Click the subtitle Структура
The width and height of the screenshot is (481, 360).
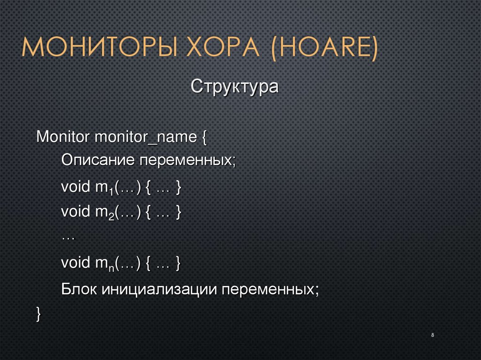(x=235, y=87)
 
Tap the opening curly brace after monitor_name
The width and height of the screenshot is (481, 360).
(x=204, y=138)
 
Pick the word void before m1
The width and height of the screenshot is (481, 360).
(x=76, y=187)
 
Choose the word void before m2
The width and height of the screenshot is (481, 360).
(x=76, y=212)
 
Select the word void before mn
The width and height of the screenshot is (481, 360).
(x=76, y=263)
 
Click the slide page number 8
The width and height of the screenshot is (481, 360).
(x=432, y=336)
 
